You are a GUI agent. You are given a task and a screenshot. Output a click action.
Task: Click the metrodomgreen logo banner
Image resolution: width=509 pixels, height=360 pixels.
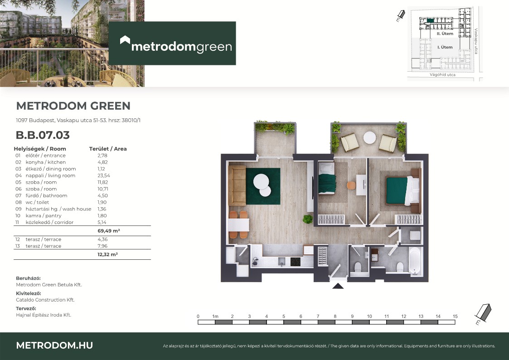[x=172, y=43]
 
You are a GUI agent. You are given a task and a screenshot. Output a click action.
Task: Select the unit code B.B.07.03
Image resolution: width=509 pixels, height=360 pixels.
[x=43, y=135]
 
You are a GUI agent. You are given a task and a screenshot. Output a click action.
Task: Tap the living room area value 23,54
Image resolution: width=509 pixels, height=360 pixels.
[x=103, y=175]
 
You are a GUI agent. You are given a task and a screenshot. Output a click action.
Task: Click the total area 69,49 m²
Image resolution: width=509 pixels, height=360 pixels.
[x=109, y=231]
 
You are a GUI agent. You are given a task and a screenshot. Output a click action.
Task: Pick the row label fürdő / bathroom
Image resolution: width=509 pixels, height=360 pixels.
[x=46, y=195]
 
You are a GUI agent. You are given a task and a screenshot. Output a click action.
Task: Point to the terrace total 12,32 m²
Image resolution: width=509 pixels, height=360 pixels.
[x=107, y=254]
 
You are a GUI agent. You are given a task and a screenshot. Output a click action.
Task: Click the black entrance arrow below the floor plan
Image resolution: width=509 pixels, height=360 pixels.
[x=338, y=286]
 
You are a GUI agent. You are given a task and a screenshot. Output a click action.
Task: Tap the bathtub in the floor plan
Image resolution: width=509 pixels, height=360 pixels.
[x=415, y=261]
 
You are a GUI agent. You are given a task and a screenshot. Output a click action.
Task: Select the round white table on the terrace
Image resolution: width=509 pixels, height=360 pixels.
[x=369, y=138]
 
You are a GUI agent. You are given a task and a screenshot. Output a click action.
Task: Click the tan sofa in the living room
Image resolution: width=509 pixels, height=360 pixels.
[x=237, y=185]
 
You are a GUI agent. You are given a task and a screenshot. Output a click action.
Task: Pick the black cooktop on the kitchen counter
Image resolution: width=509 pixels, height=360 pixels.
[x=295, y=262]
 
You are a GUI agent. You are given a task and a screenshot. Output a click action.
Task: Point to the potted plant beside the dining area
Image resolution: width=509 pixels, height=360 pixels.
[x=307, y=219]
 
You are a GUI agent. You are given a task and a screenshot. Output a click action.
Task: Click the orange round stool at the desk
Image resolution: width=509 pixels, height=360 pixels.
[x=351, y=185]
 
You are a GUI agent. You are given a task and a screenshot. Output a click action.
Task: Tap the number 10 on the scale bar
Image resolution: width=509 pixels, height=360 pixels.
[x=369, y=316]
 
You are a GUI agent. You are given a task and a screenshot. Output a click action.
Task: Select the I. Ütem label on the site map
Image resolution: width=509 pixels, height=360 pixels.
[x=445, y=47]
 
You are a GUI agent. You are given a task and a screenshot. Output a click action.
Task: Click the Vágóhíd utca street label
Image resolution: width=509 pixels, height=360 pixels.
[x=442, y=75]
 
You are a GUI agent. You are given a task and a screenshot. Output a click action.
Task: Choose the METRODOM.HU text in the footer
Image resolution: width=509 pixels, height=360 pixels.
[x=54, y=345]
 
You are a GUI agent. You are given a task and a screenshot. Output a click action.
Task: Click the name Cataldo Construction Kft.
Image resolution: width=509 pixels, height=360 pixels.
[x=45, y=300]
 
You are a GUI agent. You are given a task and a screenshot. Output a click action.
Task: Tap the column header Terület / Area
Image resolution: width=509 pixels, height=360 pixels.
[x=108, y=149]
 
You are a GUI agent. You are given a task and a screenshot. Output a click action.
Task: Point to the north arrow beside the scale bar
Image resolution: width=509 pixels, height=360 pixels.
[x=483, y=314]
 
